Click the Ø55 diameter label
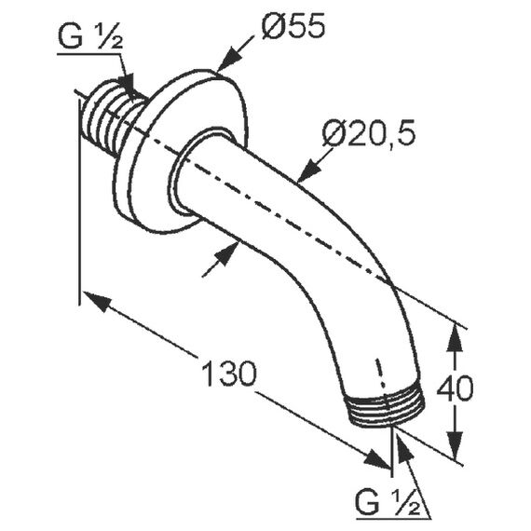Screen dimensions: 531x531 (293, 26)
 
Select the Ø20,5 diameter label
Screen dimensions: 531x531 (369, 134)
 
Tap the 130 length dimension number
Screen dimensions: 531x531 (229, 373)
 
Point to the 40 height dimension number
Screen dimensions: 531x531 (455, 388)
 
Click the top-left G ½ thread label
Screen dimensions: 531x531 (90, 36)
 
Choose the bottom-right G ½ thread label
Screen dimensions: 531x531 (388, 503)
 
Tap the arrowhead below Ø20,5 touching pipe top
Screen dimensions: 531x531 (310, 170)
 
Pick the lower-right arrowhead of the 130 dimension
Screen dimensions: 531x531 (376, 458)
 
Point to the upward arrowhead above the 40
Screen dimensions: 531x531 (455, 339)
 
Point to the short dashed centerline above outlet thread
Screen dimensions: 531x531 (381, 375)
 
